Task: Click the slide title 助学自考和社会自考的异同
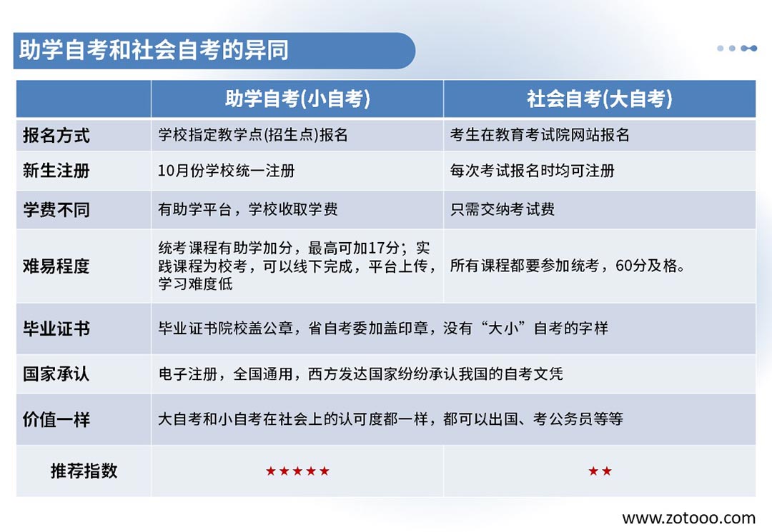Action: (x=154, y=50)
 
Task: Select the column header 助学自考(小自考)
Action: (x=297, y=99)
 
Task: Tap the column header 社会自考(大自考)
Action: (x=600, y=99)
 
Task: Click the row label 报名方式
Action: (x=56, y=135)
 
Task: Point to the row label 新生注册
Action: (x=56, y=171)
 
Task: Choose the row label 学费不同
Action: (x=56, y=210)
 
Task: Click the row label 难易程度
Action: (x=56, y=266)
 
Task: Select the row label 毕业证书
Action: (x=56, y=328)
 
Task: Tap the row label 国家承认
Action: (x=56, y=374)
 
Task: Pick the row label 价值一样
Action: (x=56, y=420)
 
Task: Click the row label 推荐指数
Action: (x=84, y=471)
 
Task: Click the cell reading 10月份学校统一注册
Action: (x=226, y=171)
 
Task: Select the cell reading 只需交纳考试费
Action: (x=503, y=209)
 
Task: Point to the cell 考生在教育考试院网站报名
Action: (x=540, y=135)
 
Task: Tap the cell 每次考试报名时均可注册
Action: (x=533, y=171)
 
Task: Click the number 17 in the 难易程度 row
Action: (x=376, y=248)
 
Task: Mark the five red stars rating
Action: (x=297, y=471)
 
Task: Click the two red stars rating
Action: (x=600, y=471)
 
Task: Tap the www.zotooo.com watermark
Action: (x=689, y=518)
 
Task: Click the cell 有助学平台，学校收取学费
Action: (x=247, y=209)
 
